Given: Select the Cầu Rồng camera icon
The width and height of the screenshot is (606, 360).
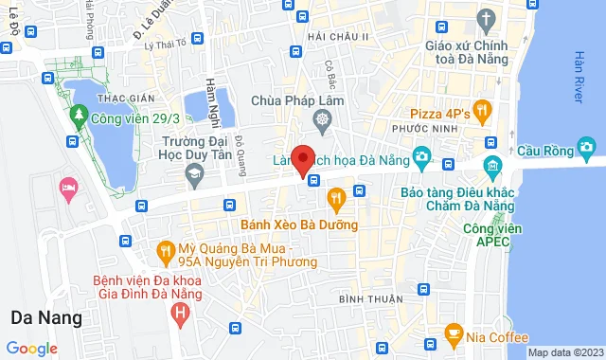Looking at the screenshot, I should (x=587, y=147).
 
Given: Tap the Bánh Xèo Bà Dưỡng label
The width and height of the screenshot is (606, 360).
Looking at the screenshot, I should (x=299, y=225).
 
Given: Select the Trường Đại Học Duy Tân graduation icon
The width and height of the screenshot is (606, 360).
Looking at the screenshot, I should (x=194, y=173).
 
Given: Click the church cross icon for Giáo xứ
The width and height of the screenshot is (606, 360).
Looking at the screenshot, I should (x=486, y=19).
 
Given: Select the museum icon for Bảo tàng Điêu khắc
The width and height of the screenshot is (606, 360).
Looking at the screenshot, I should (x=491, y=169).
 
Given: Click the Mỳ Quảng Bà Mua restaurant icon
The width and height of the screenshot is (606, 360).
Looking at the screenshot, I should (x=165, y=251).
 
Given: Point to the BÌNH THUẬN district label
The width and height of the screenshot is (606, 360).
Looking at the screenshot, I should (x=365, y=299).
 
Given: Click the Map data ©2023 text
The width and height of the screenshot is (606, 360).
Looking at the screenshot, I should (x=564, y=352).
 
